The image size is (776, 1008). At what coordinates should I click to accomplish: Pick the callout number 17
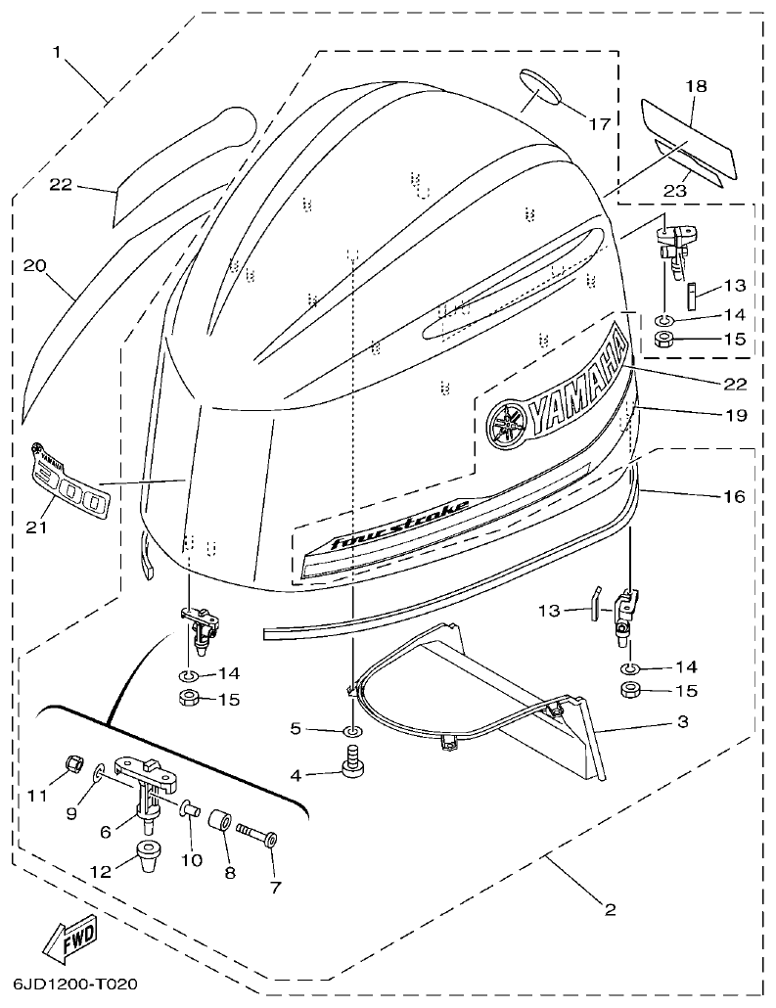(x=599, y=124)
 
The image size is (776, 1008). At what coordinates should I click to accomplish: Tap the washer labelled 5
(x=353, y=731)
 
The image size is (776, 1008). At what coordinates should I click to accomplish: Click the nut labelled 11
(x=70, y=764)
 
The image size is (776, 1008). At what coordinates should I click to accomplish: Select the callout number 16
(x=734, y=496)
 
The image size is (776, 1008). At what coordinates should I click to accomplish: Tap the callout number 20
(x=35, y=265)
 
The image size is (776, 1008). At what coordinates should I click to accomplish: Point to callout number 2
(x=610, y=909)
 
